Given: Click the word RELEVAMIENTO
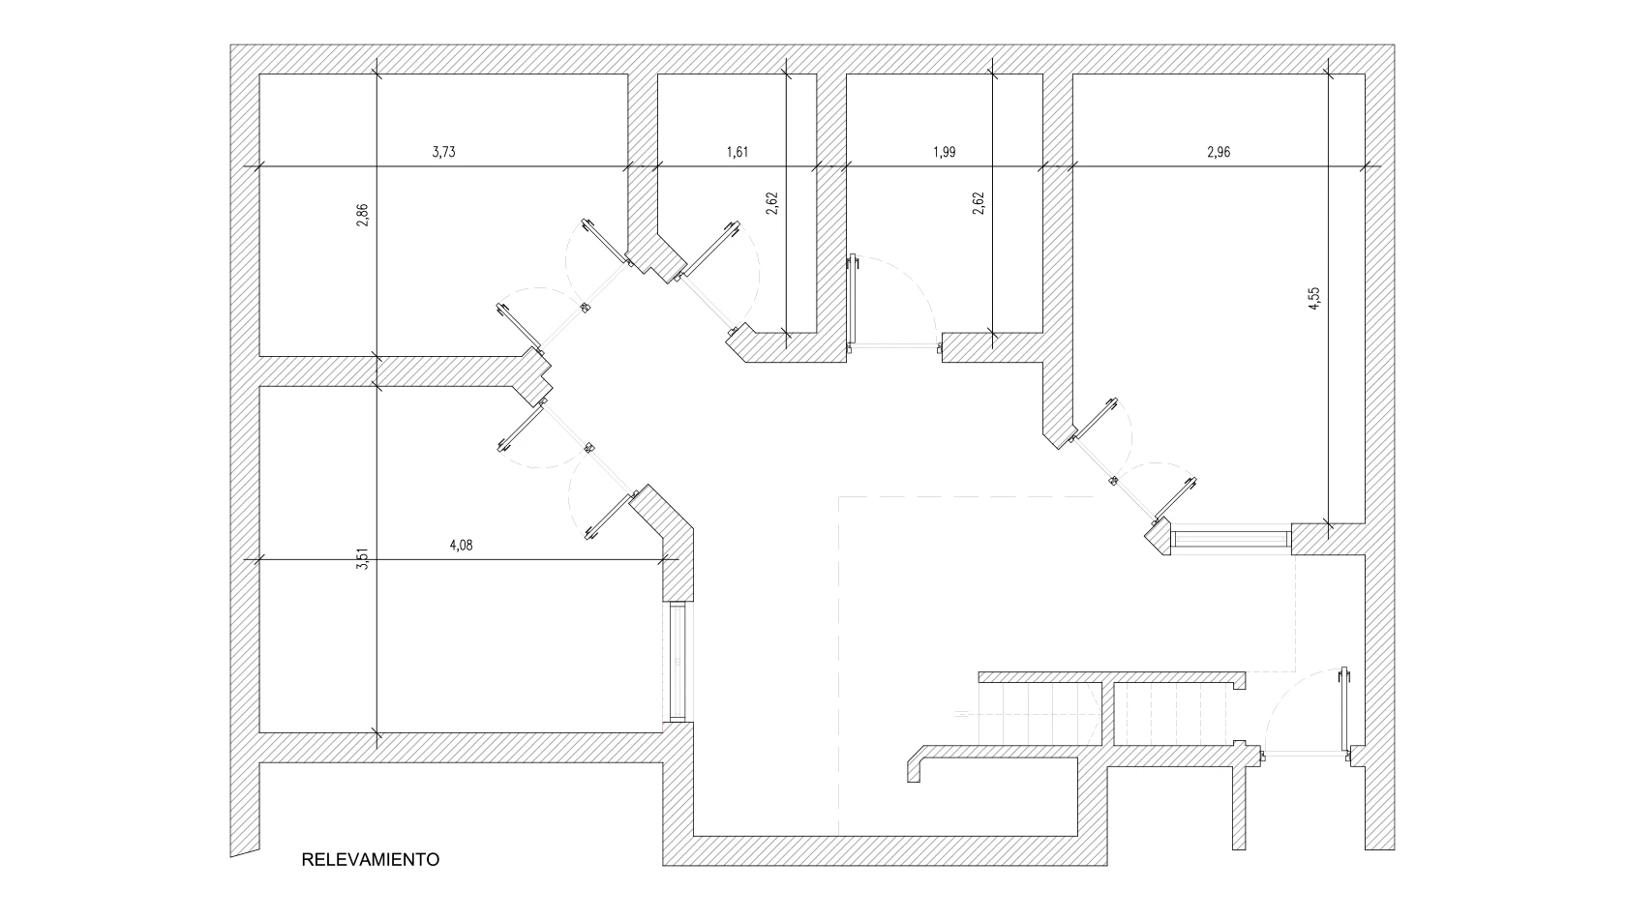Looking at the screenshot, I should (x=371, y=859).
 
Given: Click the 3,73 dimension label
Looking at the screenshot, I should (x=443, y=152).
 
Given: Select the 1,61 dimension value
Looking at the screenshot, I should (x=738, y=152).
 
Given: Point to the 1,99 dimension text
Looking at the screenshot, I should (x=944, y=152).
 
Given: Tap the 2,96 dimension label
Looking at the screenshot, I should (x=1219, y=152).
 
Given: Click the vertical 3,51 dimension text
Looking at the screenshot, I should (x=362, y=559).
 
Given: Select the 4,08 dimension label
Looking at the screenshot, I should (x=462, y=545).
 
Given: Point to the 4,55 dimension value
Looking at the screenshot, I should (x=1313, y=298).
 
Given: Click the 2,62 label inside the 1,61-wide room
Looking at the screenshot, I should (x=771, y=203).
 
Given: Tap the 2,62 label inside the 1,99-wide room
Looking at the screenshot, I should (x=978, y=203).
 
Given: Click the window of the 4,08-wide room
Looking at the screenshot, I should (x=677, y=662).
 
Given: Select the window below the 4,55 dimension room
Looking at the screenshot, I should (x=1230, y=538).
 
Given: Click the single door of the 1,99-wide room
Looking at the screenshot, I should (x=853, y=302).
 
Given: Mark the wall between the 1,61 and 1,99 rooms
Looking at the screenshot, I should (x=831, y=213).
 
